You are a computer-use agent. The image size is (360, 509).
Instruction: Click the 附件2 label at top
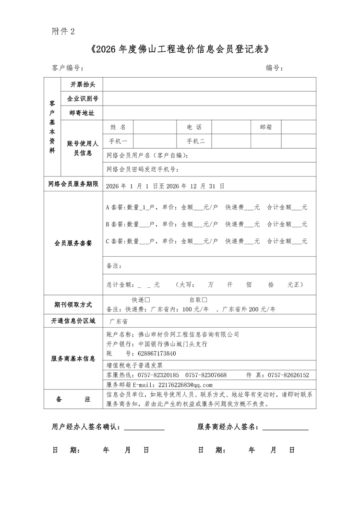63,31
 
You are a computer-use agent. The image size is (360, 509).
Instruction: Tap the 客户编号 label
67,68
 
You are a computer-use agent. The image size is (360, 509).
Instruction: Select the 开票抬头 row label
83,84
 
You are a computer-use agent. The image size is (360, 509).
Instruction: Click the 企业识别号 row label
83,98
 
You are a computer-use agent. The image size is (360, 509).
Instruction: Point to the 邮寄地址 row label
83,113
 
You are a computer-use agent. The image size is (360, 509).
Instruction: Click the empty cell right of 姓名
155,127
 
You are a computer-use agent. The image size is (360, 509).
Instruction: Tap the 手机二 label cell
196,141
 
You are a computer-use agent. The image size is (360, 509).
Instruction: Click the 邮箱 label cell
266,127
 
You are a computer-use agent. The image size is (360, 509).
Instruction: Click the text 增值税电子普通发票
134,365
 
